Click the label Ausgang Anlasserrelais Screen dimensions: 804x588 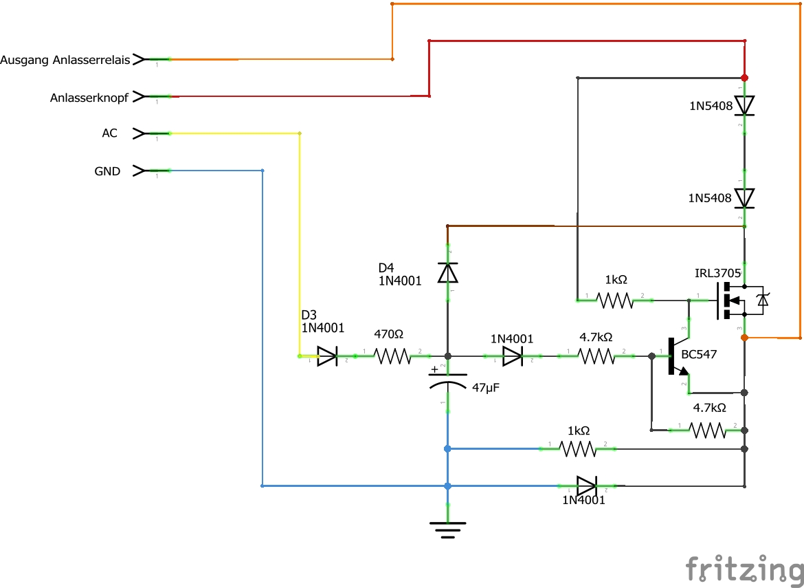(65, 60)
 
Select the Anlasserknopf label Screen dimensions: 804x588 (89, 98)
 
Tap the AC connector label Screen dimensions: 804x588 (110, 133)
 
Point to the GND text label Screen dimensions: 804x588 (107, 171)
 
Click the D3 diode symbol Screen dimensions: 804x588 (327, 356)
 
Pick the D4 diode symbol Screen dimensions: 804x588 (447, 272)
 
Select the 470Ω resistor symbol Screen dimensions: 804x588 (392, 356)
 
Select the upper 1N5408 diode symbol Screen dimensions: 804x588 (744, 106)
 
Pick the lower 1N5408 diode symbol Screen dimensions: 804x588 (744, 198)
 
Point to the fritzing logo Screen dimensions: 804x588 (744, 569)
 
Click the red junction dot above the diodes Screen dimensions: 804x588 (744, 78)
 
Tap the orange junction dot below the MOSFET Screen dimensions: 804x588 (744, 338)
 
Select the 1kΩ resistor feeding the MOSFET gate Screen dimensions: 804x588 (615, 300)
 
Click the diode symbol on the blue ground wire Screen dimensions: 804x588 (587, 486)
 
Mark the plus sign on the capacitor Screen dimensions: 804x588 (435, 369)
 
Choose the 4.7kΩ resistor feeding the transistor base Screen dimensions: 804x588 (596, 356)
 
